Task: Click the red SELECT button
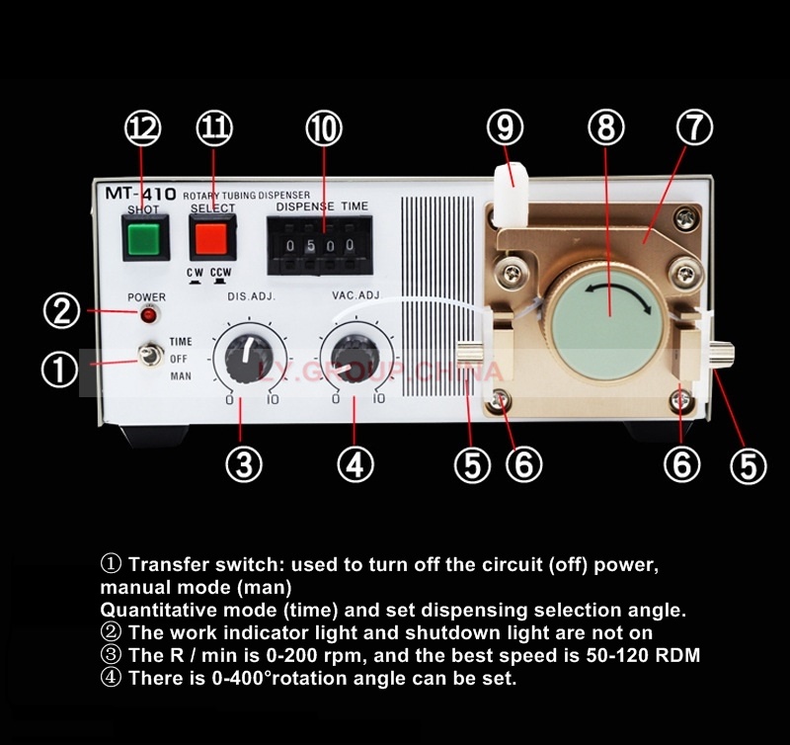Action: click(x=211, y=238)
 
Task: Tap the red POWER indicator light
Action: click(x=148, y=315)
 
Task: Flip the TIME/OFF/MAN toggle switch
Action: click(x=151, y=355)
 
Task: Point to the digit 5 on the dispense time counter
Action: click(x=311, y=245)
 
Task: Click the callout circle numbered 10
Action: click(x=324, y=128)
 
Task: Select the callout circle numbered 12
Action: click(x=143, y=128)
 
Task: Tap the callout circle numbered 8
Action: click(x=606, y=127)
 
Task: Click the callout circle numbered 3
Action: click(x=244, y=463)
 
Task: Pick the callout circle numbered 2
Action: click(x=62, y=310)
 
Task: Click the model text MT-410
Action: click(x=140, y=194)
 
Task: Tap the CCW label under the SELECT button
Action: click(x=220, y=272)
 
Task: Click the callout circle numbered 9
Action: click(x=506, y=127)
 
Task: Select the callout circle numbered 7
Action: click(x=694, y=127)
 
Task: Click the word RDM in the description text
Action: click(x=678, y=655)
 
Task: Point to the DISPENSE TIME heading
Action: click(x=322, y=207)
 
